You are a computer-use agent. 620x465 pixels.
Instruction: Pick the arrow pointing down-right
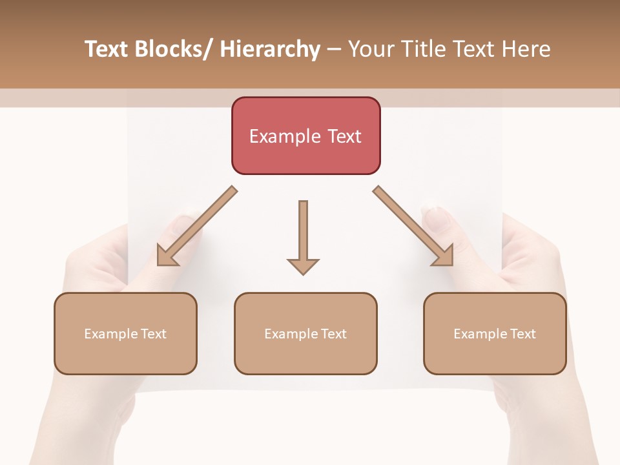tap(413, 226)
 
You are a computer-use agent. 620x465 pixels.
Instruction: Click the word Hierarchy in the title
tap(270, 49)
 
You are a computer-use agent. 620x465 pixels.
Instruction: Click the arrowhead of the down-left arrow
tap(167, 256)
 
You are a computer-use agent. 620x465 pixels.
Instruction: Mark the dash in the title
tap(334, 50)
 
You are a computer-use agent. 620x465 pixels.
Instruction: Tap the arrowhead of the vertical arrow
tap(303, 265)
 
